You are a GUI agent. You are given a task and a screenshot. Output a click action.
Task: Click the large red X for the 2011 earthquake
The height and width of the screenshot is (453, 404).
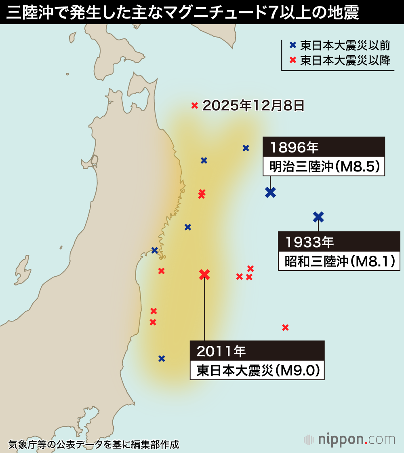pyautogui.click(x=205, y=275)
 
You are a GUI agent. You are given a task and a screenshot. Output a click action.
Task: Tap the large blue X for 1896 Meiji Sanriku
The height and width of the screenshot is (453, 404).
pyautogui.click(x=270, y=192)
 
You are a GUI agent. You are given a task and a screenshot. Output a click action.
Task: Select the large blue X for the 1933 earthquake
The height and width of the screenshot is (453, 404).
pyautogui.click(x=318, y=217)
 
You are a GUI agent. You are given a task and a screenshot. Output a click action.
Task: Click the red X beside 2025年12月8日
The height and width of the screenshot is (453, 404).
pyautogui.click(x=194, y=106)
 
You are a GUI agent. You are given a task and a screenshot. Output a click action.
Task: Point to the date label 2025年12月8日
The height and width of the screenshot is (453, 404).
pyautogui.click(x=253, y=106)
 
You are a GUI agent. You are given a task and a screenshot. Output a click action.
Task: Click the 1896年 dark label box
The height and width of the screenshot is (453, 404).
pyautogui.click(x=324, y=147)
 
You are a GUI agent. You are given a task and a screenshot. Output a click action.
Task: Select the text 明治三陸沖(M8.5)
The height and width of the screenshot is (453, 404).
pyautogui.click(x=324, y=167)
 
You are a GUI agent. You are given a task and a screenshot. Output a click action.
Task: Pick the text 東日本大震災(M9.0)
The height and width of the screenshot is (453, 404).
pyautogui.click(x=257, y=370)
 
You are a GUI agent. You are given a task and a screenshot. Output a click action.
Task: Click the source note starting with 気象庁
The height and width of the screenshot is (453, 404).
pyautogui.click(x=93, y=444)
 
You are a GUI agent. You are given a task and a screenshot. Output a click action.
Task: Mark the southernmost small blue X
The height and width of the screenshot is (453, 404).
pyautogui.click(x=162, y=358)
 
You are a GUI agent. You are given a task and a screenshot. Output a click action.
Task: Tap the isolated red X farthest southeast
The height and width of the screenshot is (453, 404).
pyautogui.click(x=285, y=327)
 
